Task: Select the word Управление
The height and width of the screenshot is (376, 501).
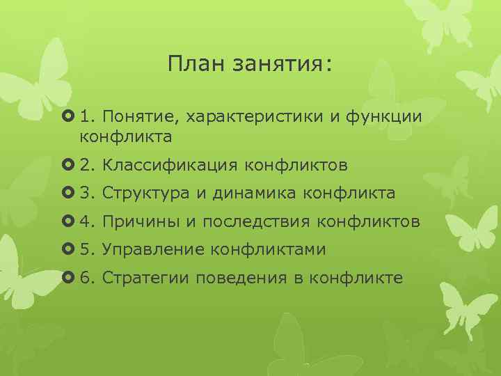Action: pyautogui.click(x=152, y=250)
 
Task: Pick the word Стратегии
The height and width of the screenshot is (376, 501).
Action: pyautogui.click(x=146, y=279)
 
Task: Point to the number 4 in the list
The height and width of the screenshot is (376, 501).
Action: pyautogui.click(x=84, y=222)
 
